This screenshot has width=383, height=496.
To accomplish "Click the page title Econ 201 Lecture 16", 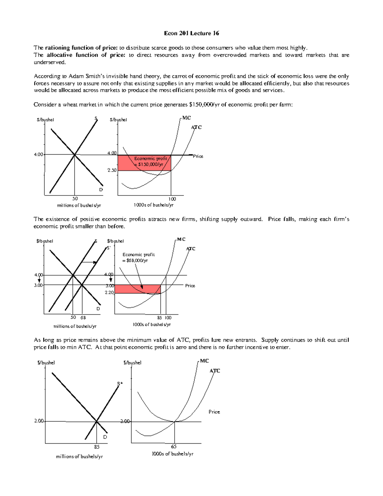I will (x=191, y=33).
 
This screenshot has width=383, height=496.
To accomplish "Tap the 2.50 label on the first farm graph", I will (x=112, y=170).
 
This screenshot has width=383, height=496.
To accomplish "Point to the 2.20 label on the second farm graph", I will (x=109, y=293).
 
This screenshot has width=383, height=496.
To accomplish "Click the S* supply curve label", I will (x=120, y=384).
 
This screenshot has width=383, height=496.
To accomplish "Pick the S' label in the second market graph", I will (x=109, y=248).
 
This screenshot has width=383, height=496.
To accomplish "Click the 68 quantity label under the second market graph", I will (x=83, y=318).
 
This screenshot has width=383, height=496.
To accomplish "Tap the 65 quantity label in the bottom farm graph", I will (x=174, y=447).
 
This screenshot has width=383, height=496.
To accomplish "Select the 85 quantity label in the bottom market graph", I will (x=97, y=447).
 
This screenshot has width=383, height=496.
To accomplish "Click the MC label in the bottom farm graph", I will (x=204, y=361).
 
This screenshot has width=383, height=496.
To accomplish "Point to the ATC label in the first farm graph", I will (x=196, y=127).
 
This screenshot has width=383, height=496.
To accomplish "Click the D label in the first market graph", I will (x=101, y=190).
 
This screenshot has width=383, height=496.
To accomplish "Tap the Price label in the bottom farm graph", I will (x=214, y=412).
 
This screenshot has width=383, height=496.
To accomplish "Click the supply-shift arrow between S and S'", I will (x=89, y=262).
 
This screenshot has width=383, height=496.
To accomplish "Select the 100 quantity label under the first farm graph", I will (x=172, y=199).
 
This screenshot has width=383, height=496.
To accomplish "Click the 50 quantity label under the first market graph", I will (x=75, y=199).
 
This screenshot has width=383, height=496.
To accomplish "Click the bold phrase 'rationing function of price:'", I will (x=81, y=48).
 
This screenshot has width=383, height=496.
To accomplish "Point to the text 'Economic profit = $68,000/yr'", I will (x=139, y=257).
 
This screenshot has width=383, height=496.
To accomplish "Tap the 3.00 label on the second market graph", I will (x=38, y=285).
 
